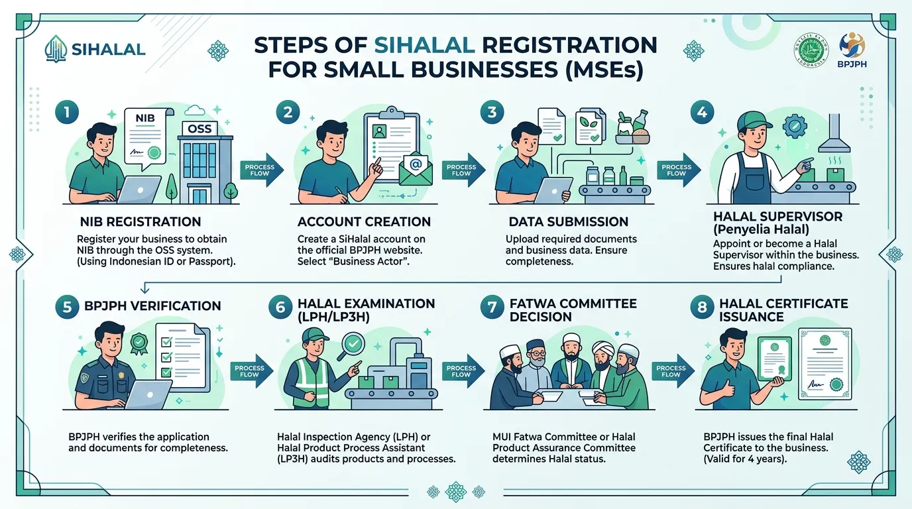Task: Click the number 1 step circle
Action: [67, 112]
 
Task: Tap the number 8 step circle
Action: [701, 307]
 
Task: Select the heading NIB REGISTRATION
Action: [141, 221]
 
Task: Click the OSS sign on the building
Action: [199, 129]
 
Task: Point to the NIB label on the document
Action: [145, 118]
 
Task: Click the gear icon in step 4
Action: [794, 126]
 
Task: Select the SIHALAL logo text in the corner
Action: [108, 50]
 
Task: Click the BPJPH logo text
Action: [852, 64]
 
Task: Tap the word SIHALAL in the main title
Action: [424, 45]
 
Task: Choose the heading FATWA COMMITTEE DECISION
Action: [573, 310]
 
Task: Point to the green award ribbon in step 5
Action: [139, 344]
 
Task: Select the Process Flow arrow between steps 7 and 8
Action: [673, 371]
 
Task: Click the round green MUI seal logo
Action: [811, 50]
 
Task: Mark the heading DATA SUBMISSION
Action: [569, 221]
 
